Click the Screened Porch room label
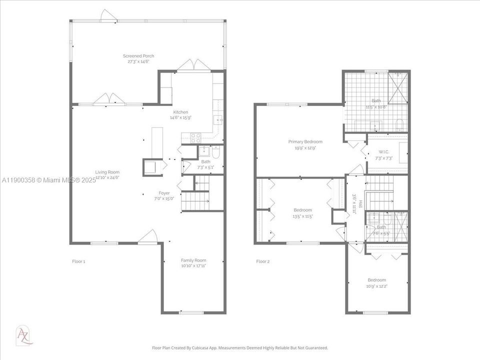[138, 55]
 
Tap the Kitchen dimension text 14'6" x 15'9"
[180, 117]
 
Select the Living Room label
[107, 171]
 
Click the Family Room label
[193, 260]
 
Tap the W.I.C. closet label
[383, 152]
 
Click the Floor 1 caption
[79, 261]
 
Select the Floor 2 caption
[263, 261]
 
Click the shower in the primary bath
[397, 88]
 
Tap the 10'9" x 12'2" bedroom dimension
[376, 286]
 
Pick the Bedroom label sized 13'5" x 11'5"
[302, 210]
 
